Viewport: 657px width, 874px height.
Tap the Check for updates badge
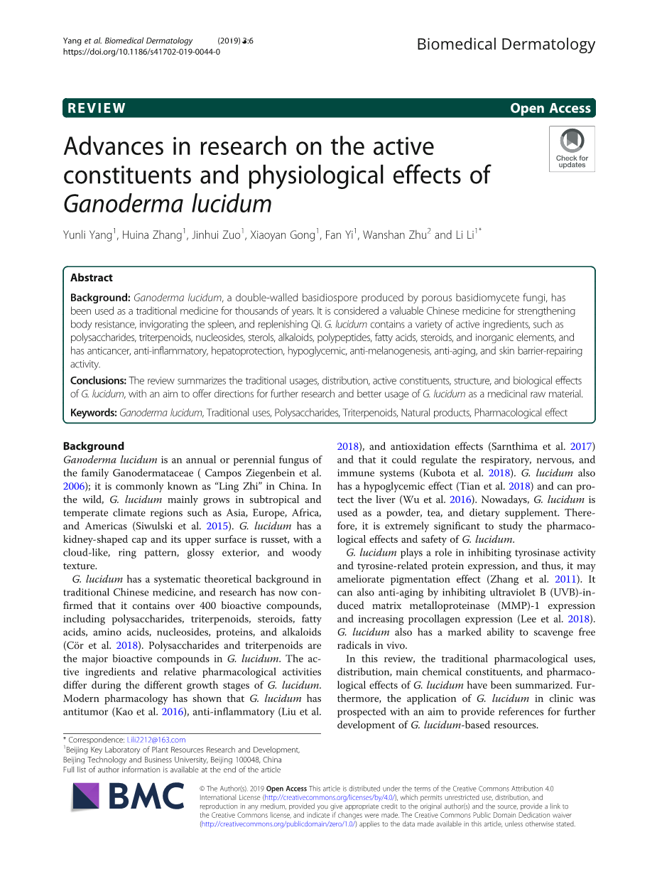572,149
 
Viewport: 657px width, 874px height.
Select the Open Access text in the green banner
550,109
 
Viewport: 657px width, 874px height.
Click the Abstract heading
91,278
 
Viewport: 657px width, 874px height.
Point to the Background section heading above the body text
93,446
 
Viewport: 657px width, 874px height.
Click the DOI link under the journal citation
141,52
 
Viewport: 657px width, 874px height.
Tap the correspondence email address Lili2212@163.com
156,740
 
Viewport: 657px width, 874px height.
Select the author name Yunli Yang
87,235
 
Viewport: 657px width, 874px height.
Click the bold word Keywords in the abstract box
94,413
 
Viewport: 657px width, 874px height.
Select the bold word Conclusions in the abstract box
98,381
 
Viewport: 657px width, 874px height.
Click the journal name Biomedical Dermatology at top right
506,44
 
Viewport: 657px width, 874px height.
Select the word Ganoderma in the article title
124,204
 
